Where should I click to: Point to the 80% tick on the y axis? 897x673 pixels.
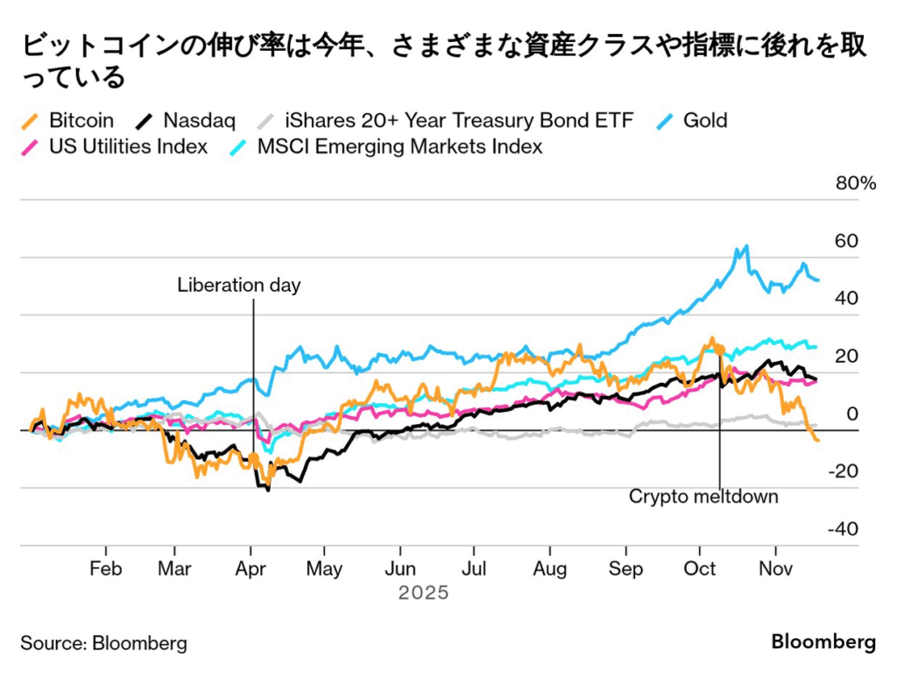(x=855, y=183)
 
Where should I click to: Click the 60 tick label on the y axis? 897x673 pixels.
(x=845, y=241)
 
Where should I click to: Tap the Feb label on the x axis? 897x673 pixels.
(x=105, y=569)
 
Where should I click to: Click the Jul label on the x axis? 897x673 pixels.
(x=474, y=569)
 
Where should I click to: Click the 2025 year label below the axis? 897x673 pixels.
(x=423, y=593)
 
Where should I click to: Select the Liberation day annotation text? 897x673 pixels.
(x=238, y=285)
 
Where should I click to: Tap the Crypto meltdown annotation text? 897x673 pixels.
(x=703, y=497)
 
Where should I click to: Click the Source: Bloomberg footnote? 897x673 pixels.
(x=103, y=643)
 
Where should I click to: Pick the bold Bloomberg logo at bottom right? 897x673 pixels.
(x=823, y=642)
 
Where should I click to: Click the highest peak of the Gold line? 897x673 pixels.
(x=746, y=246)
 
